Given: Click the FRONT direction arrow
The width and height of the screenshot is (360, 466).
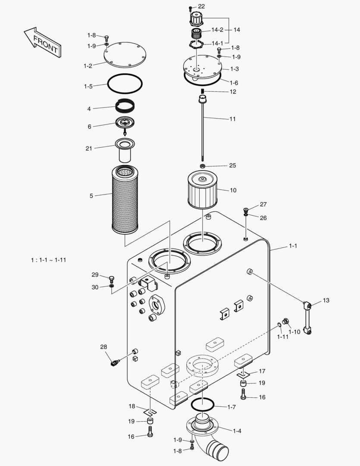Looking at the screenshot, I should tap(42, 42).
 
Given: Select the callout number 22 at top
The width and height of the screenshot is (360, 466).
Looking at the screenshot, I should tap(201, 6).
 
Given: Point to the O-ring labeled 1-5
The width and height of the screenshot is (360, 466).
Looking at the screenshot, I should tap(125, 83).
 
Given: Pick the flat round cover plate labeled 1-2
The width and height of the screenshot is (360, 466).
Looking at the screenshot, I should tap(125, 55).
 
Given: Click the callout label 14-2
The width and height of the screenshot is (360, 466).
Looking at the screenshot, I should tap(217, 30).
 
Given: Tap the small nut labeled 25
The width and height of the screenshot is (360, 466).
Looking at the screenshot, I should tap(202, 166).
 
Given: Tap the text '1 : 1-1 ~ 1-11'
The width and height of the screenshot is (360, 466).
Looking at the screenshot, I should tap(48, 260).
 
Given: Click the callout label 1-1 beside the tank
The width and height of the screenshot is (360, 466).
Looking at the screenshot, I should tap(293, 246).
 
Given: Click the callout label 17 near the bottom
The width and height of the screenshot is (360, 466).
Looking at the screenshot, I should tap(262, 371).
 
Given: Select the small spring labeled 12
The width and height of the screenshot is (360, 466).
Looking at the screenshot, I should tap(202, 91).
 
